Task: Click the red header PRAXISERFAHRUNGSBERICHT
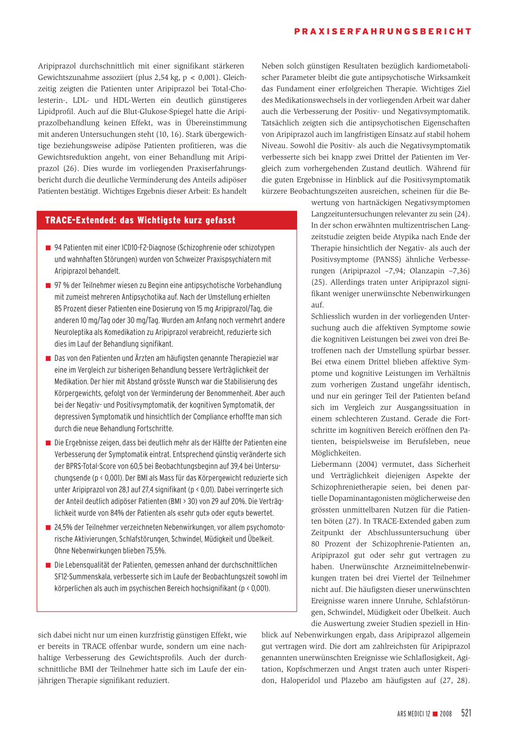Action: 383,32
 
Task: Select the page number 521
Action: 466,713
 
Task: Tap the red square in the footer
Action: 435,714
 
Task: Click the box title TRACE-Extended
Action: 140,220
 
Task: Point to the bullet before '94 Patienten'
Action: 48,248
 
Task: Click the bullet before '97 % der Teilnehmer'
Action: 48,286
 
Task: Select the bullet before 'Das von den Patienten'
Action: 48,358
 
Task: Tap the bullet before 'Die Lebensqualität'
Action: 48,565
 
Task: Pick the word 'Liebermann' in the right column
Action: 331,464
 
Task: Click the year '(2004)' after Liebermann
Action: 366,464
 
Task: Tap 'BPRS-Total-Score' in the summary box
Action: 93,466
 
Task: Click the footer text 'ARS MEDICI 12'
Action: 414,714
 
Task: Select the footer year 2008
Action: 446,714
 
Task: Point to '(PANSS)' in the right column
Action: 387,260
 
